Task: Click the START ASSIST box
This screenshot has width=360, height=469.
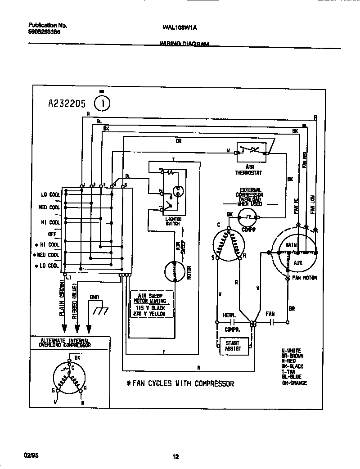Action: pyautogui.click(x=233, y=346)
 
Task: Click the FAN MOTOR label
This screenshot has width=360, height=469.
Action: pyautogui.click(x=305, y=278)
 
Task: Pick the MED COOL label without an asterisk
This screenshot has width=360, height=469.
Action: pyautogui.click(x=49, y=207)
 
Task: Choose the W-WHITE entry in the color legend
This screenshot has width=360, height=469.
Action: pyautogui.click(x=291, y=351)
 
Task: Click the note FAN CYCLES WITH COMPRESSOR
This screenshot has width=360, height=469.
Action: pyautogui.click(x=180, y=384)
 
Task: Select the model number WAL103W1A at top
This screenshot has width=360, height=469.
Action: pyautogui.click(x=180, y=27)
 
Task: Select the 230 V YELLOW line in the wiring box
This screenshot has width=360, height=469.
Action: pyautogui.click(x=150, y=313)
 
